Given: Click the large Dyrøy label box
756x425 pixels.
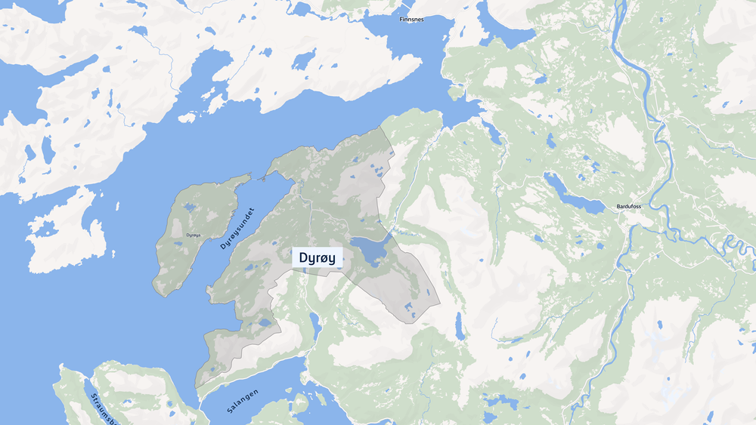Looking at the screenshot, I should pos(318,257).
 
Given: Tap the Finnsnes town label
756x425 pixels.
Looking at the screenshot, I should pos(411,20).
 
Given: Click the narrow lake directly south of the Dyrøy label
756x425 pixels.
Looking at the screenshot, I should pos(313,325).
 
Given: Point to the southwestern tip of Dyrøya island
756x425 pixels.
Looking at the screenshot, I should pos(156,291).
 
